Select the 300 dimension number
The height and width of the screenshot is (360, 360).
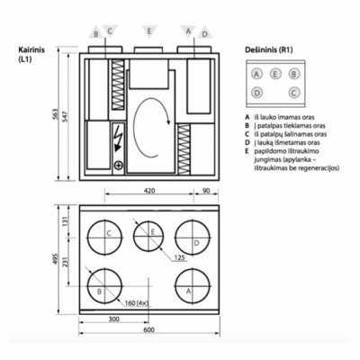coord(114,319)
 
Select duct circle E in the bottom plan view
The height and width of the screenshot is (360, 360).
coord(150,237)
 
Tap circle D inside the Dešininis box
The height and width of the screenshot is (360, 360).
coord(257,92)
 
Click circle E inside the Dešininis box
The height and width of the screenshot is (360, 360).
coord(275,74)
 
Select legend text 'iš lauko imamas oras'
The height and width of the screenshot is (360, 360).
coord(288,116)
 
